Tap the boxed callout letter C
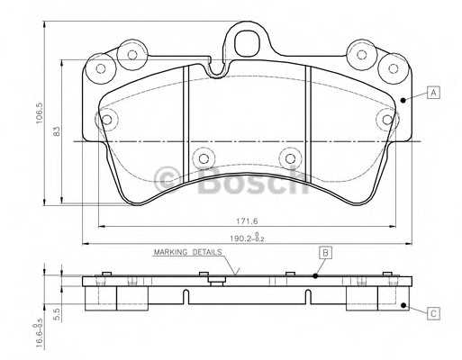point(433,313)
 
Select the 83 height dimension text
point(56,133)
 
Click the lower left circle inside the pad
point(203,158)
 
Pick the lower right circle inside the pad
point(289,158)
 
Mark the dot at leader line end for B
point(315,275)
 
